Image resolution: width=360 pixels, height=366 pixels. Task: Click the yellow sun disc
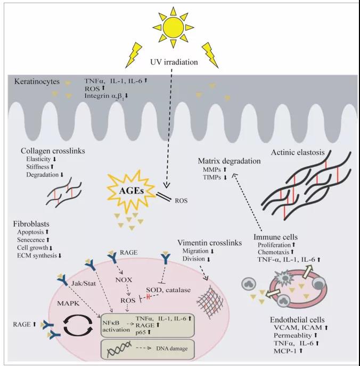click(173, 27)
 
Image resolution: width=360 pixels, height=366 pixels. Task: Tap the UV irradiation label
click(174, 62)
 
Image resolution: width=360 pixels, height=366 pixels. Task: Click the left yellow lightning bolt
click(134, 55)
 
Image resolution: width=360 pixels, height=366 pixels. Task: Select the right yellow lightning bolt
click(210, 55)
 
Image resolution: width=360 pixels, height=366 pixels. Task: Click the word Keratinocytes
click(37, 81)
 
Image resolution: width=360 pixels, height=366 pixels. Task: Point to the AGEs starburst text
click(132, 191)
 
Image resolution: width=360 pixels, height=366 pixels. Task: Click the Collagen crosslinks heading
click(53, 151)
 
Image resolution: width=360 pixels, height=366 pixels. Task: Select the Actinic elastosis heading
click(298, 153)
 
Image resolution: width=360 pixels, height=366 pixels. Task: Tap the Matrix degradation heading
click(229, 161)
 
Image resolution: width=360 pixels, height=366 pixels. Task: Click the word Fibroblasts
click(31, 224)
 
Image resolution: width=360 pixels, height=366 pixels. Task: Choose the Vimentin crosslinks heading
click(209, 243)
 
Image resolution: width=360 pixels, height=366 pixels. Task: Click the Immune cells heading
click(276, 237)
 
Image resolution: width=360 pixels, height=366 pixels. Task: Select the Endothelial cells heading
click(297, 320)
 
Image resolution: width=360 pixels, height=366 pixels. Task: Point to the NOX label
click(124, 280)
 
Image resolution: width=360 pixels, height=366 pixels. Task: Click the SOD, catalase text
click(168, 290)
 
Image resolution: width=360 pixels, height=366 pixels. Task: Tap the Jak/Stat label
click(84, 284)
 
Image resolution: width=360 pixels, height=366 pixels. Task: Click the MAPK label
click(68, 303)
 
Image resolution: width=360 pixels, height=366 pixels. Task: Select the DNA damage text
click(171, 348)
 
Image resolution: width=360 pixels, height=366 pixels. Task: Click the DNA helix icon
click(119, 348)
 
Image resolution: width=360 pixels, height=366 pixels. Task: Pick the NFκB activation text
click(116, 326)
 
